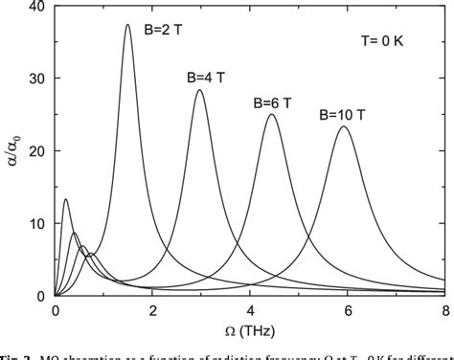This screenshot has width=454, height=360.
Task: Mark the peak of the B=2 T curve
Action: point(127,25)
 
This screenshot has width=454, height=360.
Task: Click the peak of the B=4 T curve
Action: point(199,90)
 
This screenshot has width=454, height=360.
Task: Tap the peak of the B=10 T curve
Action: point(343,126)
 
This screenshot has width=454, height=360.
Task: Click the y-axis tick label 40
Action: point(34,8)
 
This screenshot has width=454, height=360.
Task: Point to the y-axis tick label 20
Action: point(34,151)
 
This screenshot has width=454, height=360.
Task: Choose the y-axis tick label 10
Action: point(34,223)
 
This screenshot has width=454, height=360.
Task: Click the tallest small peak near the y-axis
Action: point(65,199)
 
